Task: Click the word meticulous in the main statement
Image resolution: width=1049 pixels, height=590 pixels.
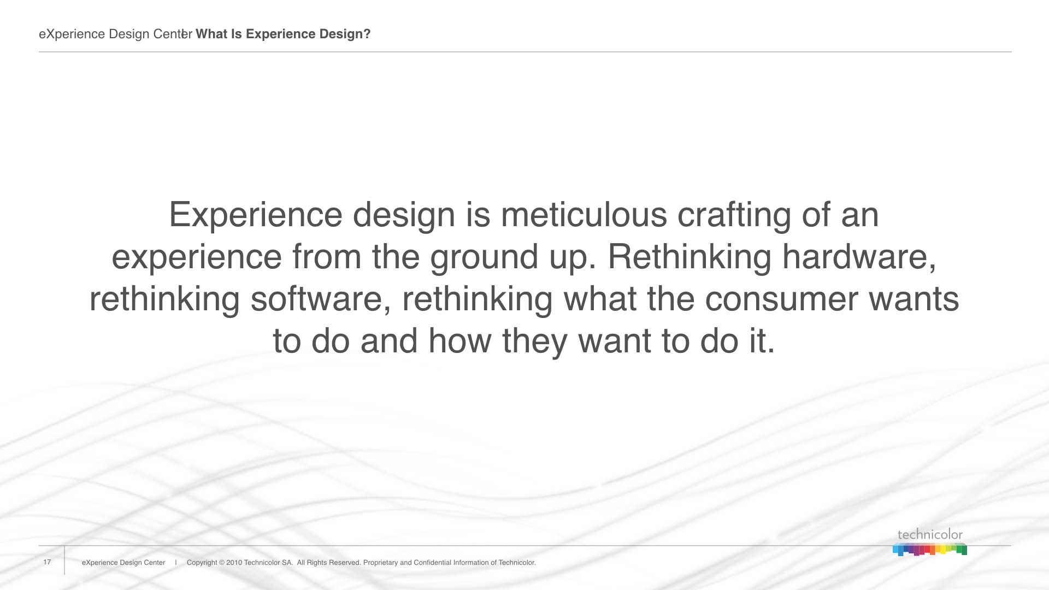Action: coord(584,214)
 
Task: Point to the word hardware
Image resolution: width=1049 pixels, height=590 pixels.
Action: coord(859,257)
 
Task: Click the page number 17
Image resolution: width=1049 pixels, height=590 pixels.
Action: coord(47,562)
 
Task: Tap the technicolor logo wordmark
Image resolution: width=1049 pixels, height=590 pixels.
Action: coord(930,535)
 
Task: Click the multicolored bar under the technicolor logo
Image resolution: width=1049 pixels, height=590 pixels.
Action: coord(930,550)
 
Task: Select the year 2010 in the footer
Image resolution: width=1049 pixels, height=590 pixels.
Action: coord(234,563)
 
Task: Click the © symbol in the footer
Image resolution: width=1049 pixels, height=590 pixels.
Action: coord(221,563)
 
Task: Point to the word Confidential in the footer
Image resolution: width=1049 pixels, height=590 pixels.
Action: coord(433,563)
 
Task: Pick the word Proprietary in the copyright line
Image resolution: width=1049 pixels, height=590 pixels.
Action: coord(381,563)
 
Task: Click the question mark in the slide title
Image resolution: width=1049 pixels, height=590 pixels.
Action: coord(367,34)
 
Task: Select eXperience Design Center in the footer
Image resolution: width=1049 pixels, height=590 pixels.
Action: coord(123,563)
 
